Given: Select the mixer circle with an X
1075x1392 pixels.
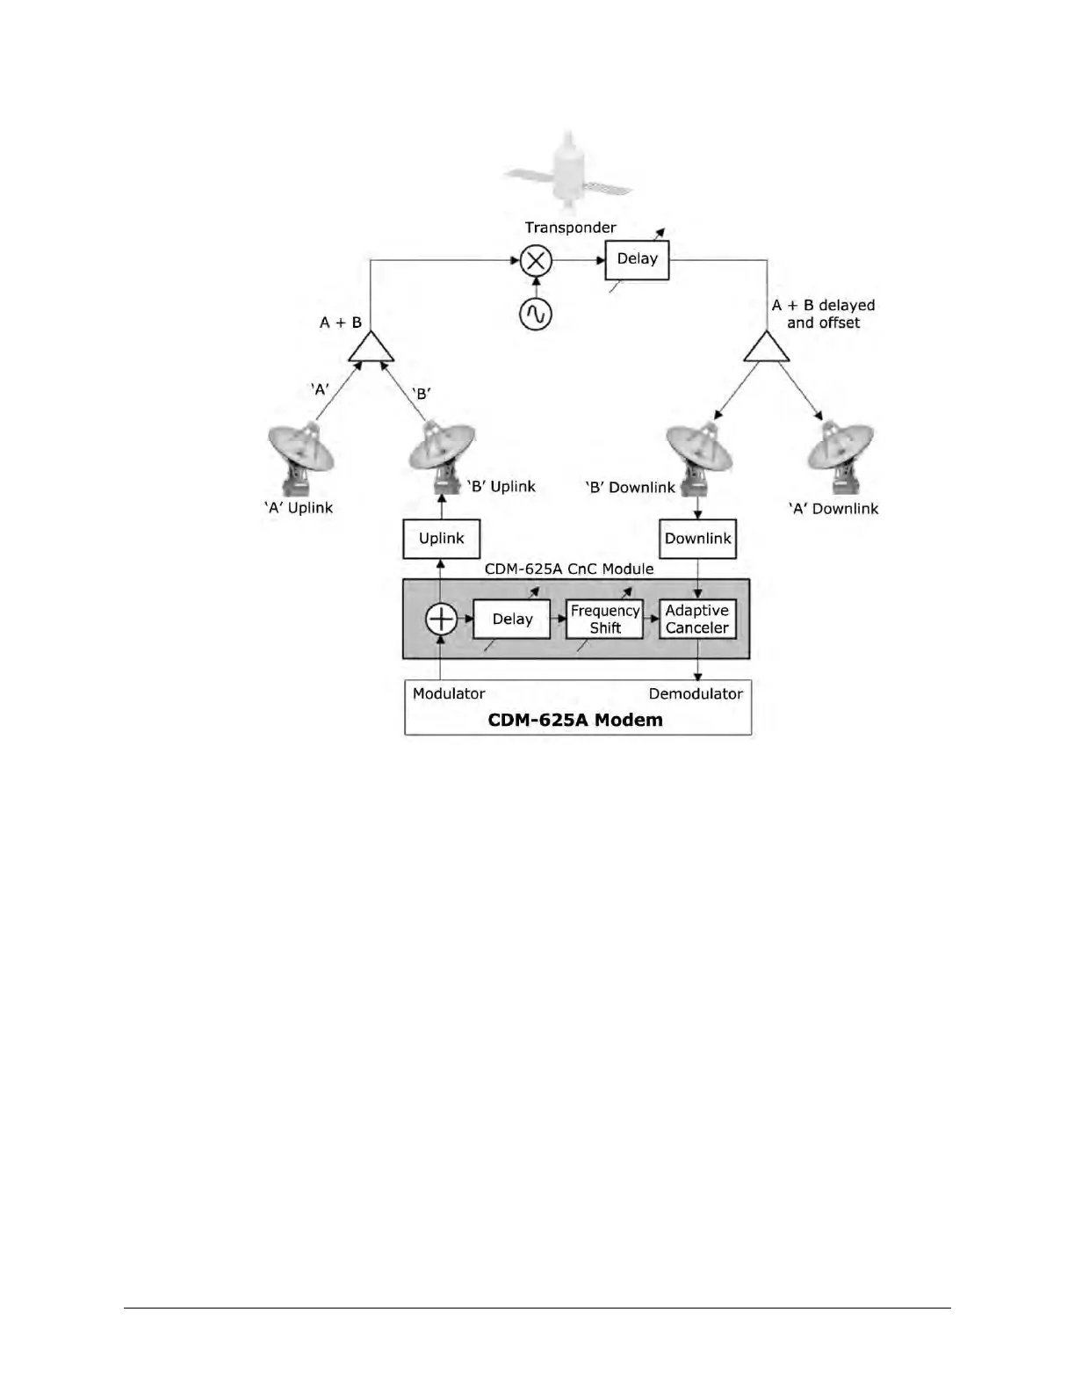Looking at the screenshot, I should click(535, 260).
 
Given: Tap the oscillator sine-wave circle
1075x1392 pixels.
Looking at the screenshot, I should click(535, 314).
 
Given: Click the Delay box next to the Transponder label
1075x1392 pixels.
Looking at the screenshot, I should click(637, 259).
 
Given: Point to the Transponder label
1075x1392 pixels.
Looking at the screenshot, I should click(570, 228).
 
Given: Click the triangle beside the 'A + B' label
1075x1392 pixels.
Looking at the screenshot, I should click(371, 347).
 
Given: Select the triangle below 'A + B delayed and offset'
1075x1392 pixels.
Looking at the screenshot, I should click(767, 347).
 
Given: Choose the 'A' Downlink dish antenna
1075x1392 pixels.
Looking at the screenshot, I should click(841, 455).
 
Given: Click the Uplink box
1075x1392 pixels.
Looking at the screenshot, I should click(441, 538).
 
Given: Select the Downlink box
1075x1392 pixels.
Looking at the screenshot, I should click(697, 538).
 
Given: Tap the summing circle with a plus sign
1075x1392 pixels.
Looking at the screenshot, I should click(441, 619).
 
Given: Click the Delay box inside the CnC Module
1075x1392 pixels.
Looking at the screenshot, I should click(512, 619).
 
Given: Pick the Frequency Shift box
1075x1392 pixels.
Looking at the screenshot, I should click(604, 619).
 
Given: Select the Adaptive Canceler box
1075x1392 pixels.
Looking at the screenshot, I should click(697, 619).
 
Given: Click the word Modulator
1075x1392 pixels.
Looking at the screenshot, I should click(449, 693).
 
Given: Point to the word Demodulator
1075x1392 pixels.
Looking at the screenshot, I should click(696, 693).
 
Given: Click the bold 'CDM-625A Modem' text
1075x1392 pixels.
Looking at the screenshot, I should click(575, 720).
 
